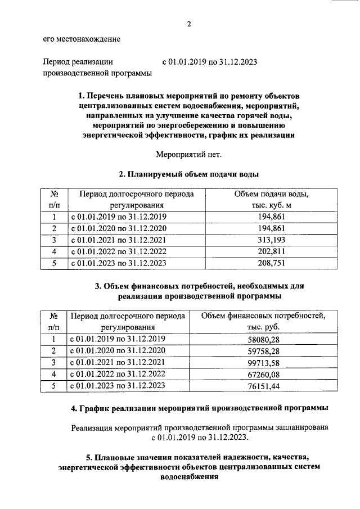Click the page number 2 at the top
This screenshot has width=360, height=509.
190,24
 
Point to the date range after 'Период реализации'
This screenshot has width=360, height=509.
209,62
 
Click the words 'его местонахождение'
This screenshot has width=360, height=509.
82,39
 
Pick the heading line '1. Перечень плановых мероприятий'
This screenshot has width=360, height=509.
190,95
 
